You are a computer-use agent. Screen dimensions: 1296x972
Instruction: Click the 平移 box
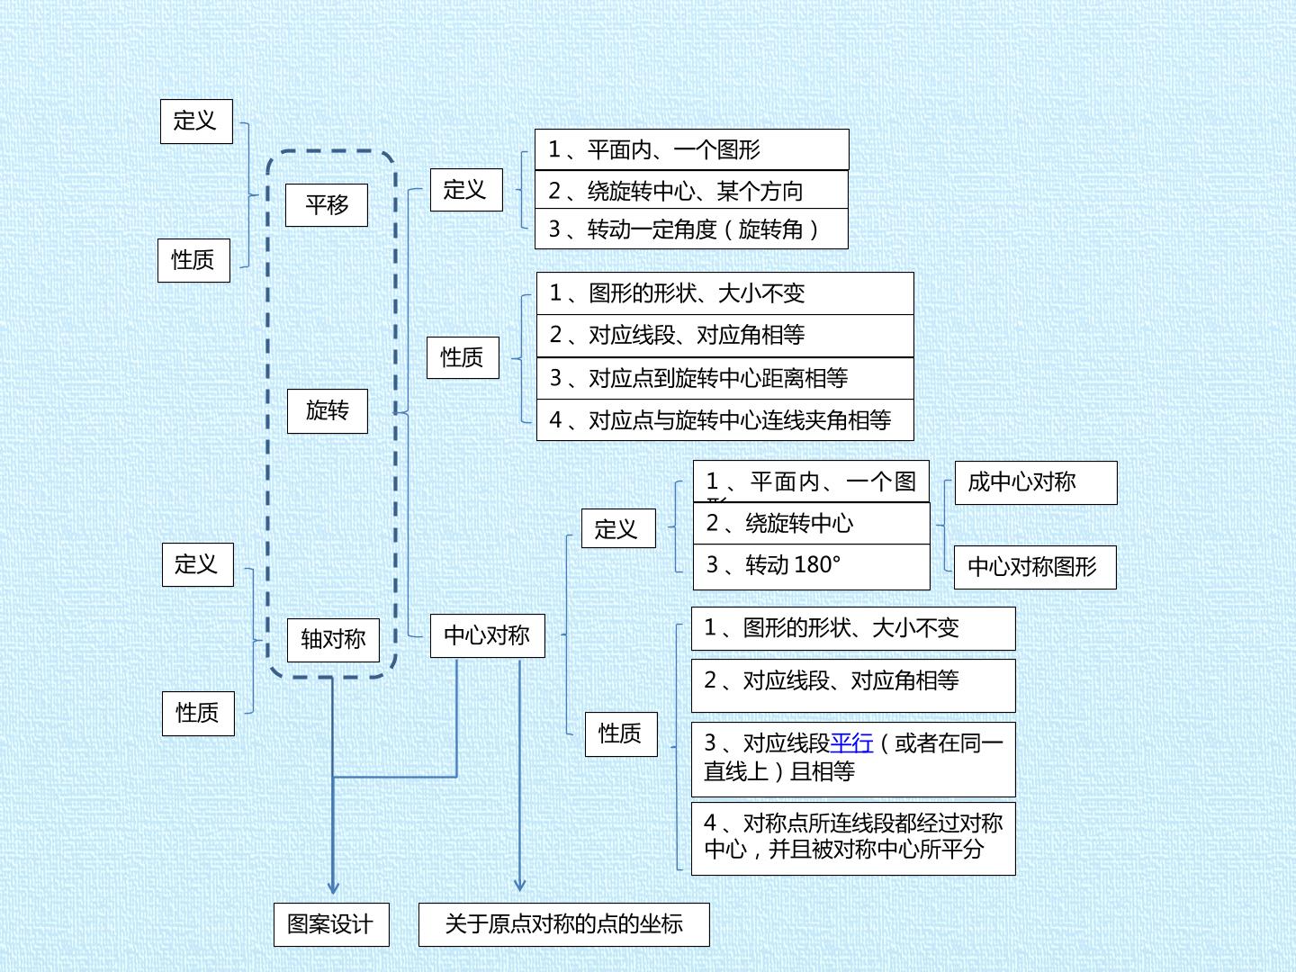click(327, 205)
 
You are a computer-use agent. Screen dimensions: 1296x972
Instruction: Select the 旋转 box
click(328, 410)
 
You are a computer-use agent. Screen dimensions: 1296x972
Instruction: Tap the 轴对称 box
click(333, 640)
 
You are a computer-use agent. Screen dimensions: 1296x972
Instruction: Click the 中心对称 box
click(487, 635)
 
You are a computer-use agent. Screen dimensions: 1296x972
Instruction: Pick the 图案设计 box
click(331, 924)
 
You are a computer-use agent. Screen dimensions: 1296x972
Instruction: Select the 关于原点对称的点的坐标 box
click(564, 924)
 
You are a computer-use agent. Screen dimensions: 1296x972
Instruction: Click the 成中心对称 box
click(1036, 482)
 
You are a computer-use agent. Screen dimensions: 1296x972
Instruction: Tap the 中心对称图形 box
click(1035, 567)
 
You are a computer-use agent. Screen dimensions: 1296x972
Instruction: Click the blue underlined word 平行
click(851, 743)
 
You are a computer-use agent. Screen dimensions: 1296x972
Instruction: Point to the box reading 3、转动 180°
click(811, 567)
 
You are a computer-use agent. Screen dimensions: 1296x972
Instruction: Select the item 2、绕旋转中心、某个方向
click(691, 190)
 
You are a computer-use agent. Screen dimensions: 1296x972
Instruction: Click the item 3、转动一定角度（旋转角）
click(691, 229)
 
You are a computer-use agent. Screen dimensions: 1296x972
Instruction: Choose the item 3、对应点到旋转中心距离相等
click(725, 378)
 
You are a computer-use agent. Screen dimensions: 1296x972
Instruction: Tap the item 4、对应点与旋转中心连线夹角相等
click(725, 419)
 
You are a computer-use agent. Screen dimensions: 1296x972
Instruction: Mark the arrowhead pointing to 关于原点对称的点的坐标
click(519, 885)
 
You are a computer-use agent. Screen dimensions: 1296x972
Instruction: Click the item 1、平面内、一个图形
click(692, 150)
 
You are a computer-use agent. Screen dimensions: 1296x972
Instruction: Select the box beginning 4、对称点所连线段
click(853, 838)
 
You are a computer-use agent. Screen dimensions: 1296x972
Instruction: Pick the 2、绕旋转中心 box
click(811, 524)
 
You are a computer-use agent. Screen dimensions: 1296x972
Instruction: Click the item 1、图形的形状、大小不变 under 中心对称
click(853, 628)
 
